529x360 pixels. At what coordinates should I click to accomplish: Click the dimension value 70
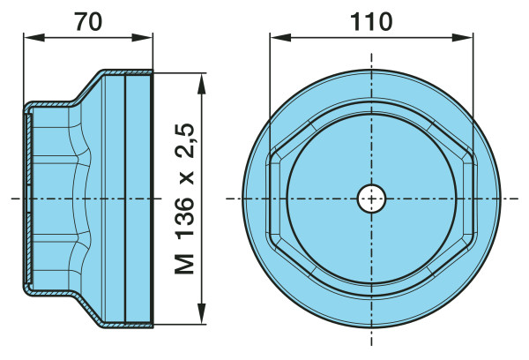click(x=88, y=22)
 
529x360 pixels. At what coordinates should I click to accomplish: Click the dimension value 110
click(x=371, y=22)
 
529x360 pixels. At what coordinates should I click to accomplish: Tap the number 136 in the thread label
click(x=184, y=216)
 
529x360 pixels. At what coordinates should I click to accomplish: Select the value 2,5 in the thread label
click(x=184, y=140)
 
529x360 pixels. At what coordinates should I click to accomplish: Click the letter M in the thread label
click(x=184, y=264)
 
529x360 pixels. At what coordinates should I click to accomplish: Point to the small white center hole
click(x=371, y=199)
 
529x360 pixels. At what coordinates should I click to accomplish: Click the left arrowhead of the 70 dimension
click(x=34, y=37)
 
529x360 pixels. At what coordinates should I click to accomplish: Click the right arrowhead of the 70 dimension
click(x=142, y=37)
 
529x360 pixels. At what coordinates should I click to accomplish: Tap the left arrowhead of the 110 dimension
click(x=280, y=37)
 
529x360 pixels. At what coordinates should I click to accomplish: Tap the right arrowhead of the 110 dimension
click(x=462, y=37)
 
